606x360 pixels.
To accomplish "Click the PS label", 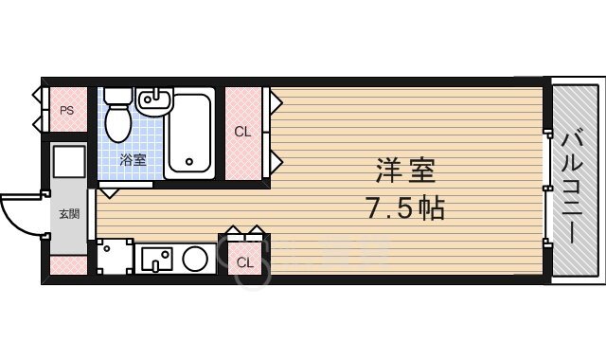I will [x=66, y=110].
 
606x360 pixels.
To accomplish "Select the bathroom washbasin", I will [x=152, y=99].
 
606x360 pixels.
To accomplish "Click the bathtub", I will [x=192, y=134].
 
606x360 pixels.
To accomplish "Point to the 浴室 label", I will [x=133, y=160].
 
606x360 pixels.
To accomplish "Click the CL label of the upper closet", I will [x=242, y=133].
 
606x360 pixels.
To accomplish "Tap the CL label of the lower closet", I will [x=244, y=261].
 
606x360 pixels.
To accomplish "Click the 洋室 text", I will [x=404, y=173].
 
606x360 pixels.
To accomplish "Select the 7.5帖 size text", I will [x=404, y=207].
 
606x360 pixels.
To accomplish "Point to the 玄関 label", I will [x=69, y=213].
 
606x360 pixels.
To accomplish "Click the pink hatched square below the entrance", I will [x=69, y=264].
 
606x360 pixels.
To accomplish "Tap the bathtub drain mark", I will [x=188, y=161].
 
